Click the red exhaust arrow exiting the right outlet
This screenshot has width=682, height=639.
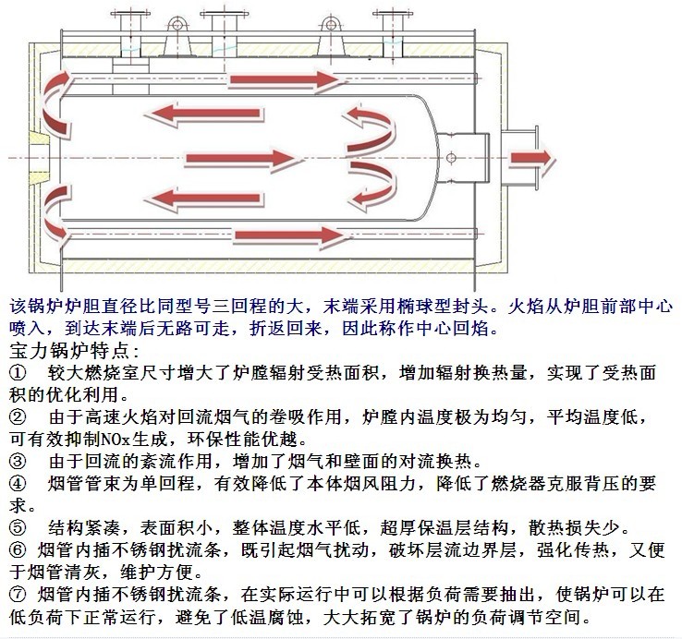point(532,158)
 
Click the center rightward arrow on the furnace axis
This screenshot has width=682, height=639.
point(243,159)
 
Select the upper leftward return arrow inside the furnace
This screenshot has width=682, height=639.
point(203,114)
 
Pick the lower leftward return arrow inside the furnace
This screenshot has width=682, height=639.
point(203,199)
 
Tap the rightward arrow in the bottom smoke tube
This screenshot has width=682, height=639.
point(291,236)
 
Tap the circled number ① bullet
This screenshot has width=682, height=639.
point(18,373)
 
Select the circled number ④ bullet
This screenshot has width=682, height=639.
point(18,483)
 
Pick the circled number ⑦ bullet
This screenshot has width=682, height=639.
point(18,595)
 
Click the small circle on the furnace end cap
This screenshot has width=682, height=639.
point(451,157)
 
